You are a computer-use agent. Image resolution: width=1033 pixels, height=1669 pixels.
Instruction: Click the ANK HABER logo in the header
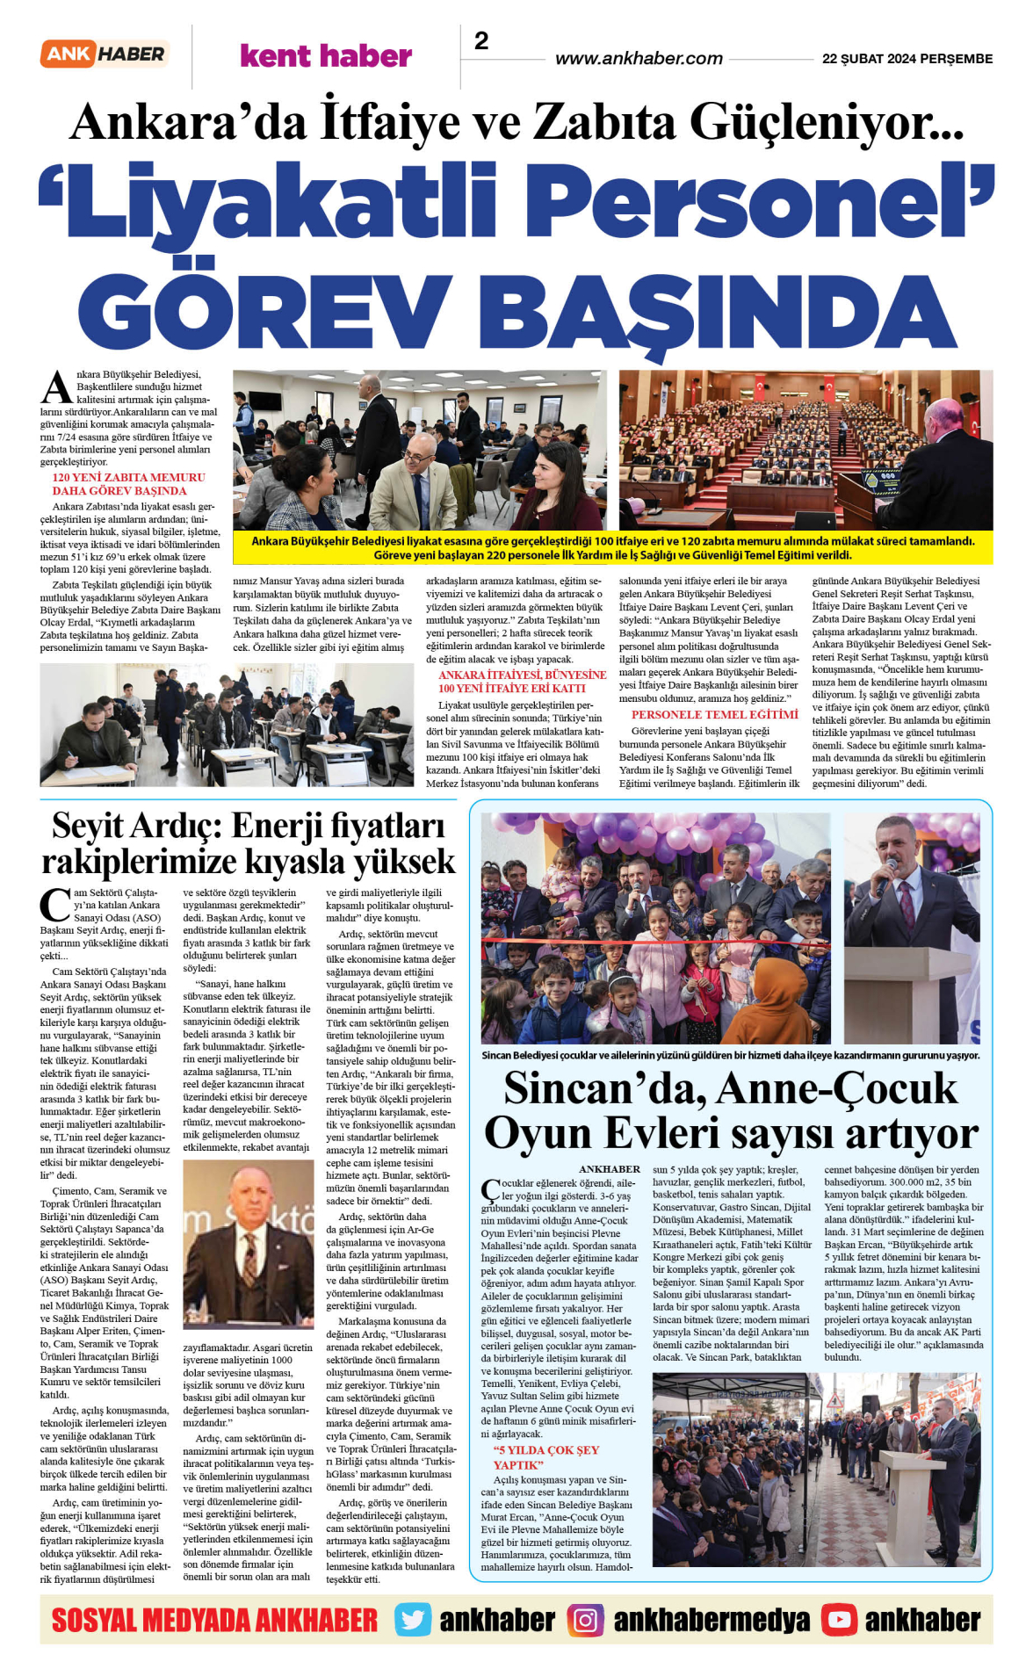coord(104,54)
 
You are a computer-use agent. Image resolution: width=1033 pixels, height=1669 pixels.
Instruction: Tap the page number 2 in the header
coord(481,41)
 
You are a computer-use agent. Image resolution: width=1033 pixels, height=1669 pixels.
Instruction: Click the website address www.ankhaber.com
coord(639,59)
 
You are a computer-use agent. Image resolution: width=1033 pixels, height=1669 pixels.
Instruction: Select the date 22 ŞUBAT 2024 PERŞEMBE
coord(907,59)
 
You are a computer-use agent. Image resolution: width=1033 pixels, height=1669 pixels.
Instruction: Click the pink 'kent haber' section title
coord(326,56)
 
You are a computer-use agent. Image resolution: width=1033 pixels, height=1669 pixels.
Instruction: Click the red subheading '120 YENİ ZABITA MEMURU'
coord(128,478)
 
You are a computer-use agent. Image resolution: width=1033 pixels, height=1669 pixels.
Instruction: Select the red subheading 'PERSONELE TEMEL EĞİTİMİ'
coord(715,715)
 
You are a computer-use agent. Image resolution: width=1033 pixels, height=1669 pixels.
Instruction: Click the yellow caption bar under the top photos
coord(612,548)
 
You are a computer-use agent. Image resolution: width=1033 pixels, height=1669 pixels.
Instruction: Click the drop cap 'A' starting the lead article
coord(57,387)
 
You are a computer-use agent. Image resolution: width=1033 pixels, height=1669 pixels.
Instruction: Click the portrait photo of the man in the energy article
coord(249,1248)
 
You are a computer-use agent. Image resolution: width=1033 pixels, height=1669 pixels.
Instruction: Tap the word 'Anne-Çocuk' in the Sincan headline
coord(837,1089)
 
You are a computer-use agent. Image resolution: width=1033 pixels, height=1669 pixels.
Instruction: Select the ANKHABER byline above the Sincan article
coord(610,1169)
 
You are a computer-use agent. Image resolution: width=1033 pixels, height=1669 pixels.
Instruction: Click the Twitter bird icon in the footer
coord(412,1620)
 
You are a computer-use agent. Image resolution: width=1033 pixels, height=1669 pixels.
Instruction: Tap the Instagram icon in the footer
coord(585,1620)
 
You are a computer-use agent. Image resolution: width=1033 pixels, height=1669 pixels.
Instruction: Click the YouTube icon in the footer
coord(839,1620)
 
